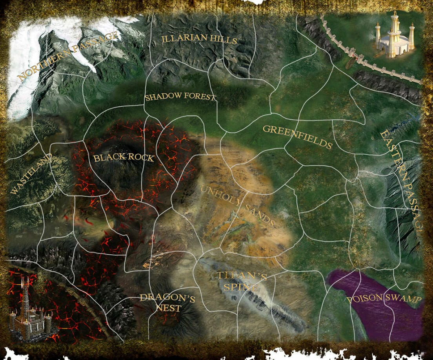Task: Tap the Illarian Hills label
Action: click(x=199, y=39)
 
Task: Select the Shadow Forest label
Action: click(x=180, y=97)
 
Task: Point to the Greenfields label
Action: click(x=297, y=137)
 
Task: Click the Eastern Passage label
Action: click(x=402, y=181)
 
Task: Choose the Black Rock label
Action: click(x=124, y=158)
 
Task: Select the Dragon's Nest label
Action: click(x=167, y=303)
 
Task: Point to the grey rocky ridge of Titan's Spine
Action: click(x=275, y=306)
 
